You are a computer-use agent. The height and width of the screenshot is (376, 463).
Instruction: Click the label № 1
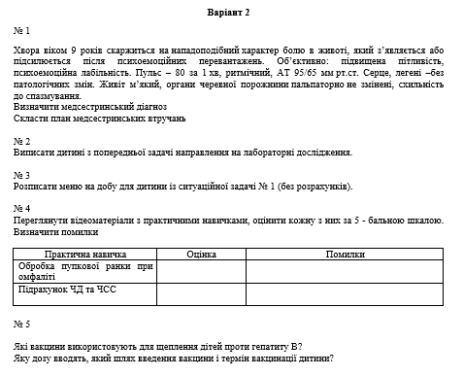coord(22,31)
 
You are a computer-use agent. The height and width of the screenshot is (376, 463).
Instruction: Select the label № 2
coord(22,140)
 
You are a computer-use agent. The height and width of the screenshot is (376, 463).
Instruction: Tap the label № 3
coord(22,175)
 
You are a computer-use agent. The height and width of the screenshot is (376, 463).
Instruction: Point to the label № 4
coord(22,209)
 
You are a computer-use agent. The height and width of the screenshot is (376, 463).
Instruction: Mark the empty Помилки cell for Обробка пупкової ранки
coord(345,270)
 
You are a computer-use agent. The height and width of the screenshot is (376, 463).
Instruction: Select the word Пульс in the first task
coord(147,71)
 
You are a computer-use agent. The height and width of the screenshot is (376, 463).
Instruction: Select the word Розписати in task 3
coord(38,186)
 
